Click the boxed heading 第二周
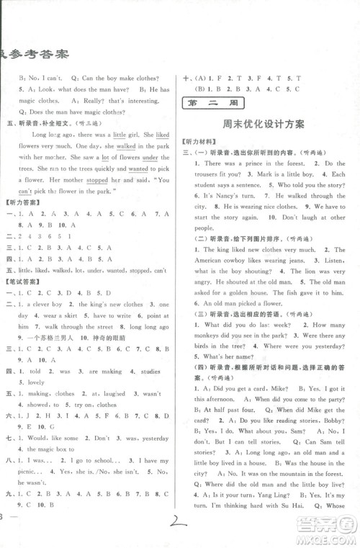pos(210,101)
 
